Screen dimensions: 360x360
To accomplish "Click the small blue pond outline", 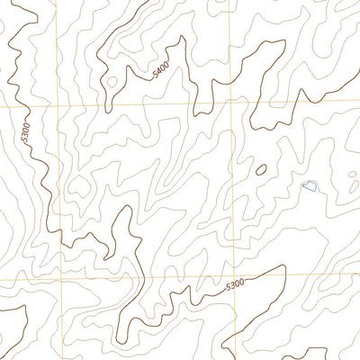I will click(309, 186).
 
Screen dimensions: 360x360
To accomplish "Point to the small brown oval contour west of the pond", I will click(261, 169).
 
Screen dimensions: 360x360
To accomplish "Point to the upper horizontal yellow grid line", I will click(135, 104).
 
